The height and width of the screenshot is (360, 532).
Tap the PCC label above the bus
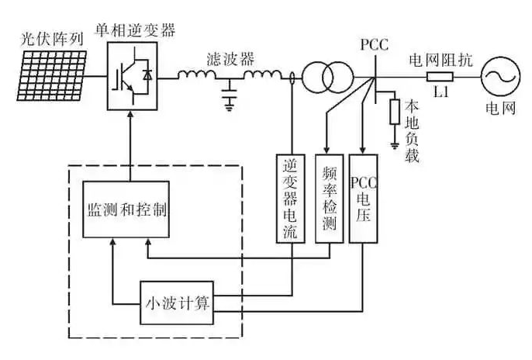tap(374, 43)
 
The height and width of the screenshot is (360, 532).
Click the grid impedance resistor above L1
tap(439, 77)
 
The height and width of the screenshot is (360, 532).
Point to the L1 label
tap(440, 92)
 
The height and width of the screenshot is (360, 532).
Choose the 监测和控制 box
tap(126, 209)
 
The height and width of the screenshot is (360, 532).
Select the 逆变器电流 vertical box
tap(292, 199)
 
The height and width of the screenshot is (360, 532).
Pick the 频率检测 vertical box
tap(329, 199)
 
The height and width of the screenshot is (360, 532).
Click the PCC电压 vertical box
tap(363, 199)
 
